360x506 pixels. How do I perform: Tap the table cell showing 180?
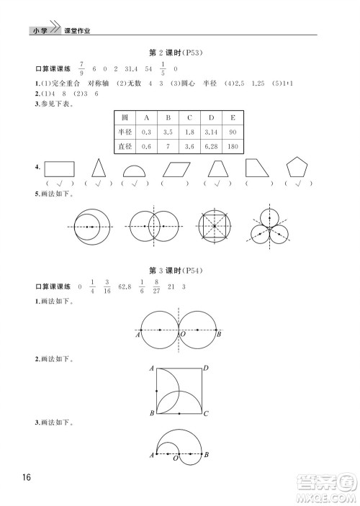233,147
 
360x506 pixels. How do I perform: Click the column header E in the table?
233,117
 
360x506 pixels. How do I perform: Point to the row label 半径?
125,132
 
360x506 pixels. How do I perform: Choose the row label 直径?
125,147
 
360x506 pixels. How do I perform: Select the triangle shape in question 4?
100,170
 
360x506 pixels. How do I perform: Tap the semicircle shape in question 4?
132,172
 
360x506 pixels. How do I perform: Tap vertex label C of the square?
206,414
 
